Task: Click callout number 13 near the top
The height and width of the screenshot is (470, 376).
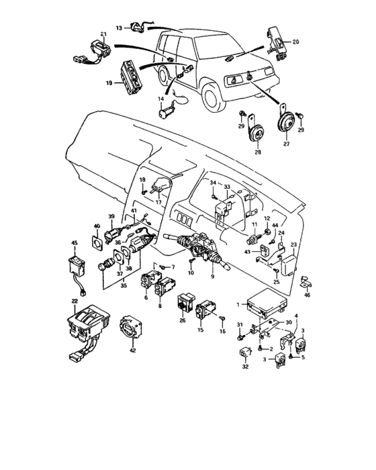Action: (x=117, y=29)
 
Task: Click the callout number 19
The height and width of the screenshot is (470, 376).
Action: (x=108, y=84)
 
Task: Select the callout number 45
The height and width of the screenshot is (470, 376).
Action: (x=75, y=243)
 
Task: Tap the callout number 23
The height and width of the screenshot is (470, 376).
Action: (x=293, y=244)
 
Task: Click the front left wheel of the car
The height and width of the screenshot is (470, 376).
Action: (x=213, y=98)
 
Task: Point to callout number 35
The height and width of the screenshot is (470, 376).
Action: (x=123, y=285)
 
